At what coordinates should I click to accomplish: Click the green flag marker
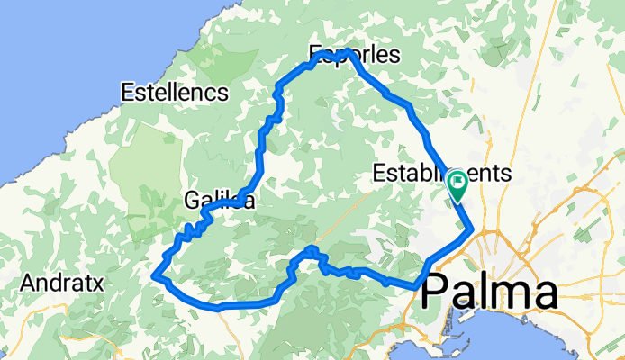[x=457, y=184]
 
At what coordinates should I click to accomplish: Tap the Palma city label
[x=500, y=293]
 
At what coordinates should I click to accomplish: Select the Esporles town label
[x=353, y=56]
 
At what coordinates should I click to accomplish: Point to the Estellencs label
[x=174, y=92]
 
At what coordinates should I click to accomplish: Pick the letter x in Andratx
[x=100, y=283]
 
